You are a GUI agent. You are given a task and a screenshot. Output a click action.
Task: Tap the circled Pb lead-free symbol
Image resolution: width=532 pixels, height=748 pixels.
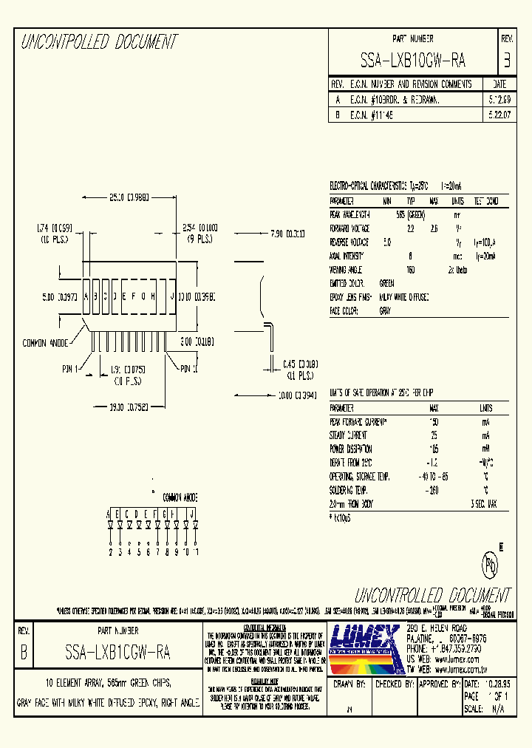[491, 565]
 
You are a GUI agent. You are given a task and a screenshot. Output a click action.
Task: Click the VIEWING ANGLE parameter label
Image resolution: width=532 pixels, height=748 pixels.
[348, 270]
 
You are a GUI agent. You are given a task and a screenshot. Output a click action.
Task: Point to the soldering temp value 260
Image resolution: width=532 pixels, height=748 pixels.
[433, 490]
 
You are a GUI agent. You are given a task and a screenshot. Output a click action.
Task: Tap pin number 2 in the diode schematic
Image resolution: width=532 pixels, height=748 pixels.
[110, 551]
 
